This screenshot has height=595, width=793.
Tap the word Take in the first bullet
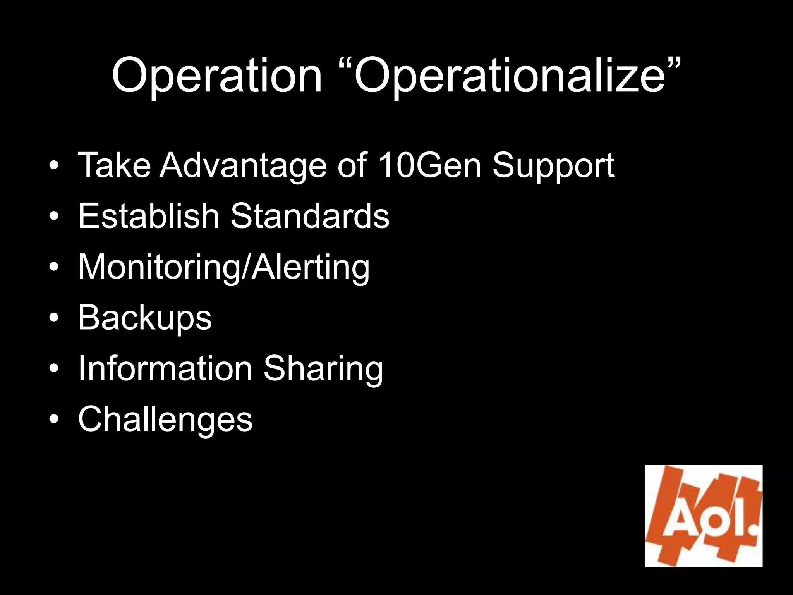coord(114,165)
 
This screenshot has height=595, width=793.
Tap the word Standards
coord(310,216)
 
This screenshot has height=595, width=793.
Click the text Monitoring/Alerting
coord(224,267)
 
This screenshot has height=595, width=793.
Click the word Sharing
coord(323,369)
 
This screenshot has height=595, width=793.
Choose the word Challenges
coord(165,420)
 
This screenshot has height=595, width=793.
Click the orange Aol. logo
coord(704,516)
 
